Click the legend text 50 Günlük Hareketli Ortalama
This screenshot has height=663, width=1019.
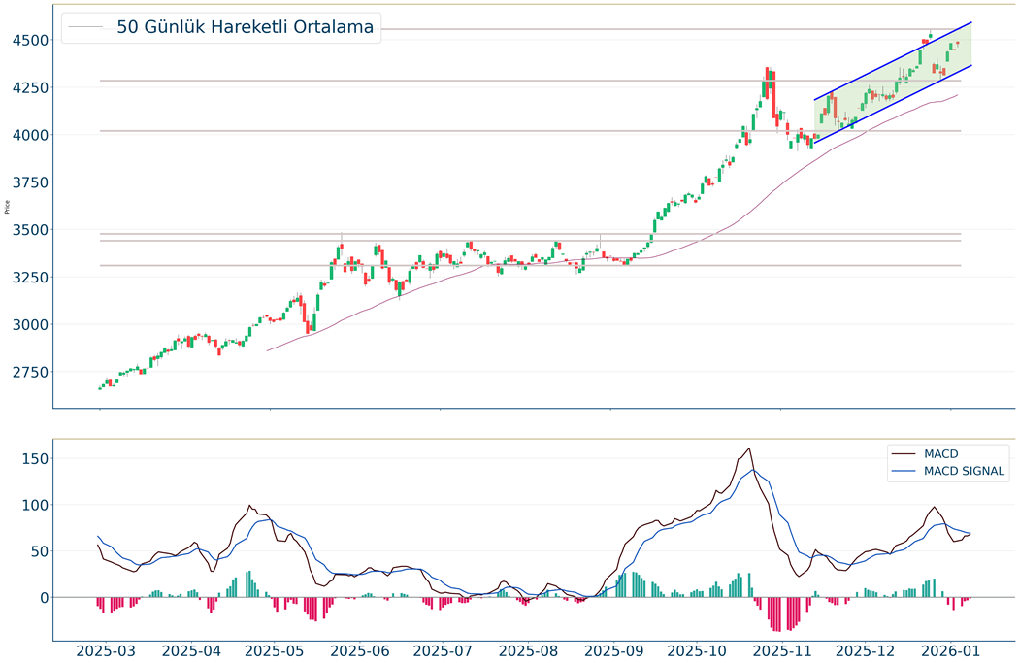click(245, 27)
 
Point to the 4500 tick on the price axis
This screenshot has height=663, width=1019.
click(29, 41)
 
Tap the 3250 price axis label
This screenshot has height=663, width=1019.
click(29, 278)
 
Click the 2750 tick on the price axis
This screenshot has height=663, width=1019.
click(29, 373)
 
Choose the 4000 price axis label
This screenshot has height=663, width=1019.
click(29, 135)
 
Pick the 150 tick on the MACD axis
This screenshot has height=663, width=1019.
click(34, 458)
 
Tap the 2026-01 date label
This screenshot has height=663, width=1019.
click(951, 651)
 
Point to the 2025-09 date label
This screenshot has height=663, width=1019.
click(610, 651)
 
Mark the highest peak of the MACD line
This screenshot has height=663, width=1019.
click(749, 448)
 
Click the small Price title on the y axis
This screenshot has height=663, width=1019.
click(8, 206)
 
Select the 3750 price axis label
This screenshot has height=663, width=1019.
click(29, 182)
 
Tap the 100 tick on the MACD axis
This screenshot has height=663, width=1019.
click(34, 505)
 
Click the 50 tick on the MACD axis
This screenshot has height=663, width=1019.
click(38, 551)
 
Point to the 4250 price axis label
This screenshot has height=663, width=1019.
click(29, 87)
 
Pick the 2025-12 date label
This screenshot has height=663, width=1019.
click(866, 651)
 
